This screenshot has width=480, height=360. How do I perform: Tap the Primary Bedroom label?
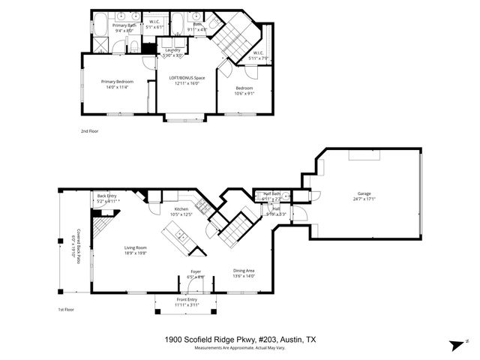coord(118,81)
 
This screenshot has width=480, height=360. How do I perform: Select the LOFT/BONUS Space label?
coord(189,78)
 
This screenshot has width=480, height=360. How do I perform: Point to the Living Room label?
coord(135,247)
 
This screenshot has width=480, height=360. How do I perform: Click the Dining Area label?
coord(244,271)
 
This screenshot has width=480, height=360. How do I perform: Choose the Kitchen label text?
coord(181,209)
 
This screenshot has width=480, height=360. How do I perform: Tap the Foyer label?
coord(195,271)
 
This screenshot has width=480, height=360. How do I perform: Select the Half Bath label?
coord(271,193)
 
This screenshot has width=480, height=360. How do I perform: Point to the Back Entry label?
coord(107,196)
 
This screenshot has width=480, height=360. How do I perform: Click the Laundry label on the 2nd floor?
coord(172,50)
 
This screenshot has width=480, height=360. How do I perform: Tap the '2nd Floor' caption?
coord(89,130)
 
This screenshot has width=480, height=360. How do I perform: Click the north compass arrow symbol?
coord(454,344)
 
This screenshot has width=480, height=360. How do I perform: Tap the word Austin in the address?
coord(292,340)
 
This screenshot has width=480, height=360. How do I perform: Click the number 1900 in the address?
coord(174,340)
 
